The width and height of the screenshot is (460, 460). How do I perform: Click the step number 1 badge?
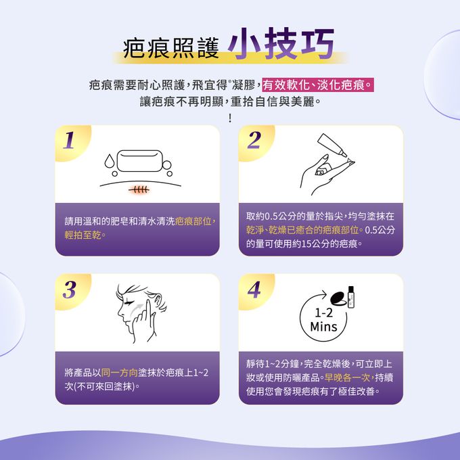[69, 140]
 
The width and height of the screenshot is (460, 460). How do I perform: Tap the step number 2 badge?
[254, 140]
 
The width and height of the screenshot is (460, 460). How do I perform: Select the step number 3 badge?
[70, 290]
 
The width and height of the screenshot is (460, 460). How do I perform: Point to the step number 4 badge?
[254, 290]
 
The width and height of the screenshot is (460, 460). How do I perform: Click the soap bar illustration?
[139, 161]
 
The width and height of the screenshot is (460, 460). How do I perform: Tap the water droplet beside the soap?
[110, 160]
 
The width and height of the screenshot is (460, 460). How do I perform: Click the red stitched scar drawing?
[139, 190]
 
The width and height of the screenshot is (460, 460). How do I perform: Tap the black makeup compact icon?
[338, 298]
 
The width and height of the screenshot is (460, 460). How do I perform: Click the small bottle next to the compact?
[351, 297]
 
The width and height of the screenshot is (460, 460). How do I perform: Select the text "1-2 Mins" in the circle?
[323, 320]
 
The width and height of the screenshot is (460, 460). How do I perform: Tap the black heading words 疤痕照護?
[171, 49]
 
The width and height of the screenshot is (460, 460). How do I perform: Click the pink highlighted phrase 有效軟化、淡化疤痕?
[318, 85]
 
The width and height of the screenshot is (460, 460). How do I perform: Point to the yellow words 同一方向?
[120, 373]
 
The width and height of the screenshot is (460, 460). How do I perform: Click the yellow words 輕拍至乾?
[83, 235]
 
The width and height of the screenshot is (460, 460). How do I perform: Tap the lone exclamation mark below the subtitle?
[230, 118]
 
